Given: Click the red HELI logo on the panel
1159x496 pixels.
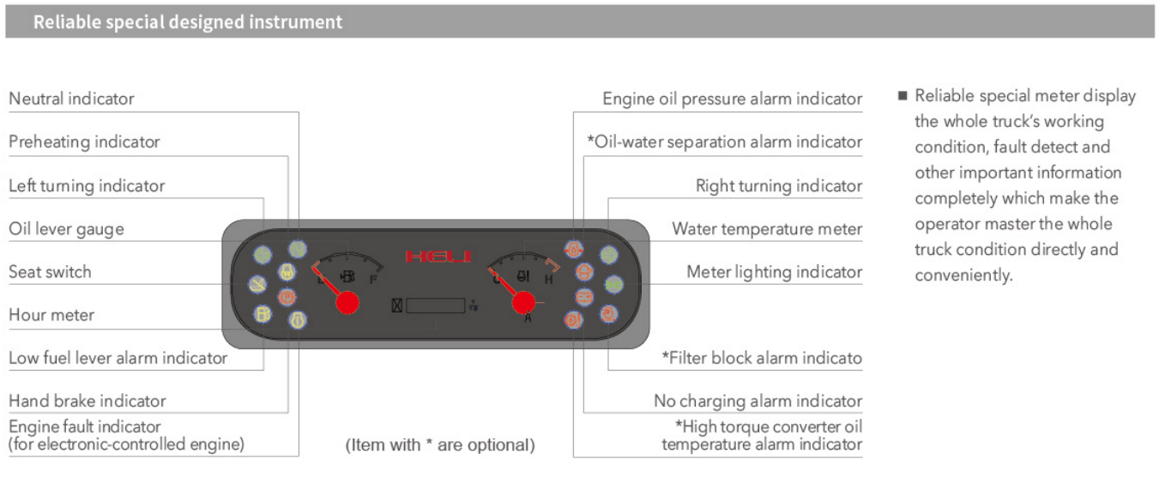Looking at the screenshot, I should click(x=437, y=257).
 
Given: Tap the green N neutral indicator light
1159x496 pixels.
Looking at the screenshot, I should click(x=298, y=250).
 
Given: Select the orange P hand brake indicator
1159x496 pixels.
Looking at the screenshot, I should click(x=287, y=297).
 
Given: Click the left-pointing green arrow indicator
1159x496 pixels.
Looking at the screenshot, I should click(x=263, y=255).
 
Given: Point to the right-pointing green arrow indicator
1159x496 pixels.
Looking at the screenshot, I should click(x=608, y=255).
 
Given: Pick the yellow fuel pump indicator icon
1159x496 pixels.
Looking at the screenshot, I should click(x=263, y=314).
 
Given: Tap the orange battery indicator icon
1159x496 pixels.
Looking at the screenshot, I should click(x=584, y=297).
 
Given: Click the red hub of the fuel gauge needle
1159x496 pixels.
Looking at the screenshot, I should click(x=347, y=302).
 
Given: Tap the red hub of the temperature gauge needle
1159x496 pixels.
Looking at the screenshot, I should click(x=524, y=302).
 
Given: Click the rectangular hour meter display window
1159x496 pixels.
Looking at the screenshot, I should click(x=435, y=306).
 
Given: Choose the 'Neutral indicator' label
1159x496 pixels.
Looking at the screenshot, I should click(x=71, y=99).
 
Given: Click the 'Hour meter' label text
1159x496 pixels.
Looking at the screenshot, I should click(x=51, y=315).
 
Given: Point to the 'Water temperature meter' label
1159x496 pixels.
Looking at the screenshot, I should click(x=767, y=229).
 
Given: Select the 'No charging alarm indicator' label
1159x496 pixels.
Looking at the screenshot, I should click(x=758, y=401).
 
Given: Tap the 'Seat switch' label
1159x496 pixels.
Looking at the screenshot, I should click(x=50, y=272).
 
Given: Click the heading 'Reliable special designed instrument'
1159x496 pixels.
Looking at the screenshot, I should click(x=188, y=22).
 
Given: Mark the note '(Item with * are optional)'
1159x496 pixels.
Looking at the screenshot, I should click(x=440, y=445).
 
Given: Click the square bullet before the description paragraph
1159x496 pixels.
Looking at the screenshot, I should click(x=902, y=95).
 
